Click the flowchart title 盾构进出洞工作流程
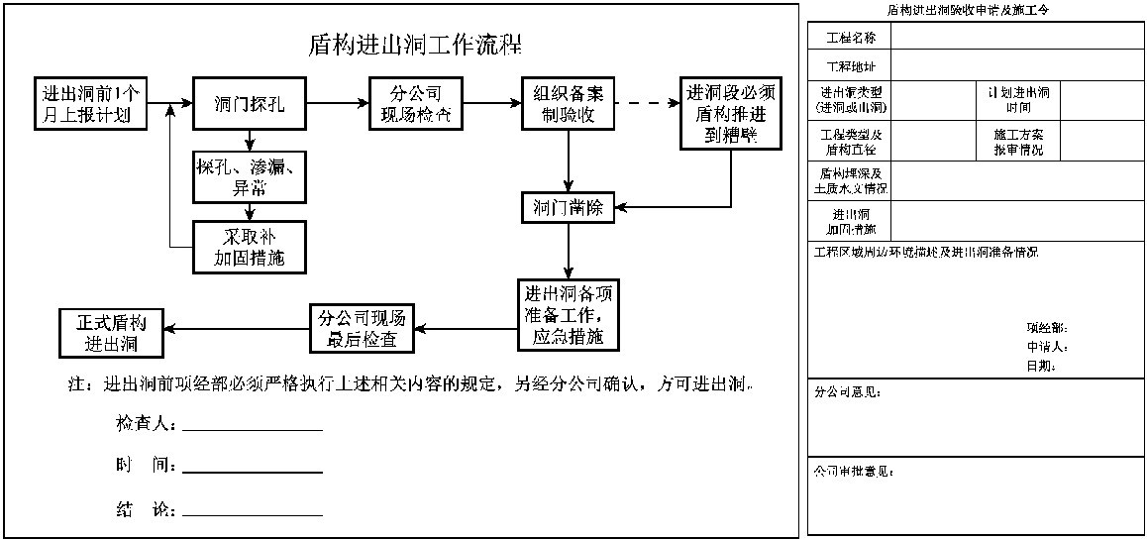415,46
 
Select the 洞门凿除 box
569,208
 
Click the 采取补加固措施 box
250,248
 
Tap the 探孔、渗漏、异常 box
250,176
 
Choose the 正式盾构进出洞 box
111,335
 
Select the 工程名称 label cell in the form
850,38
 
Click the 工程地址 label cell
850,66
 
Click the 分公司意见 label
847,392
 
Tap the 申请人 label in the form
1046,347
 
